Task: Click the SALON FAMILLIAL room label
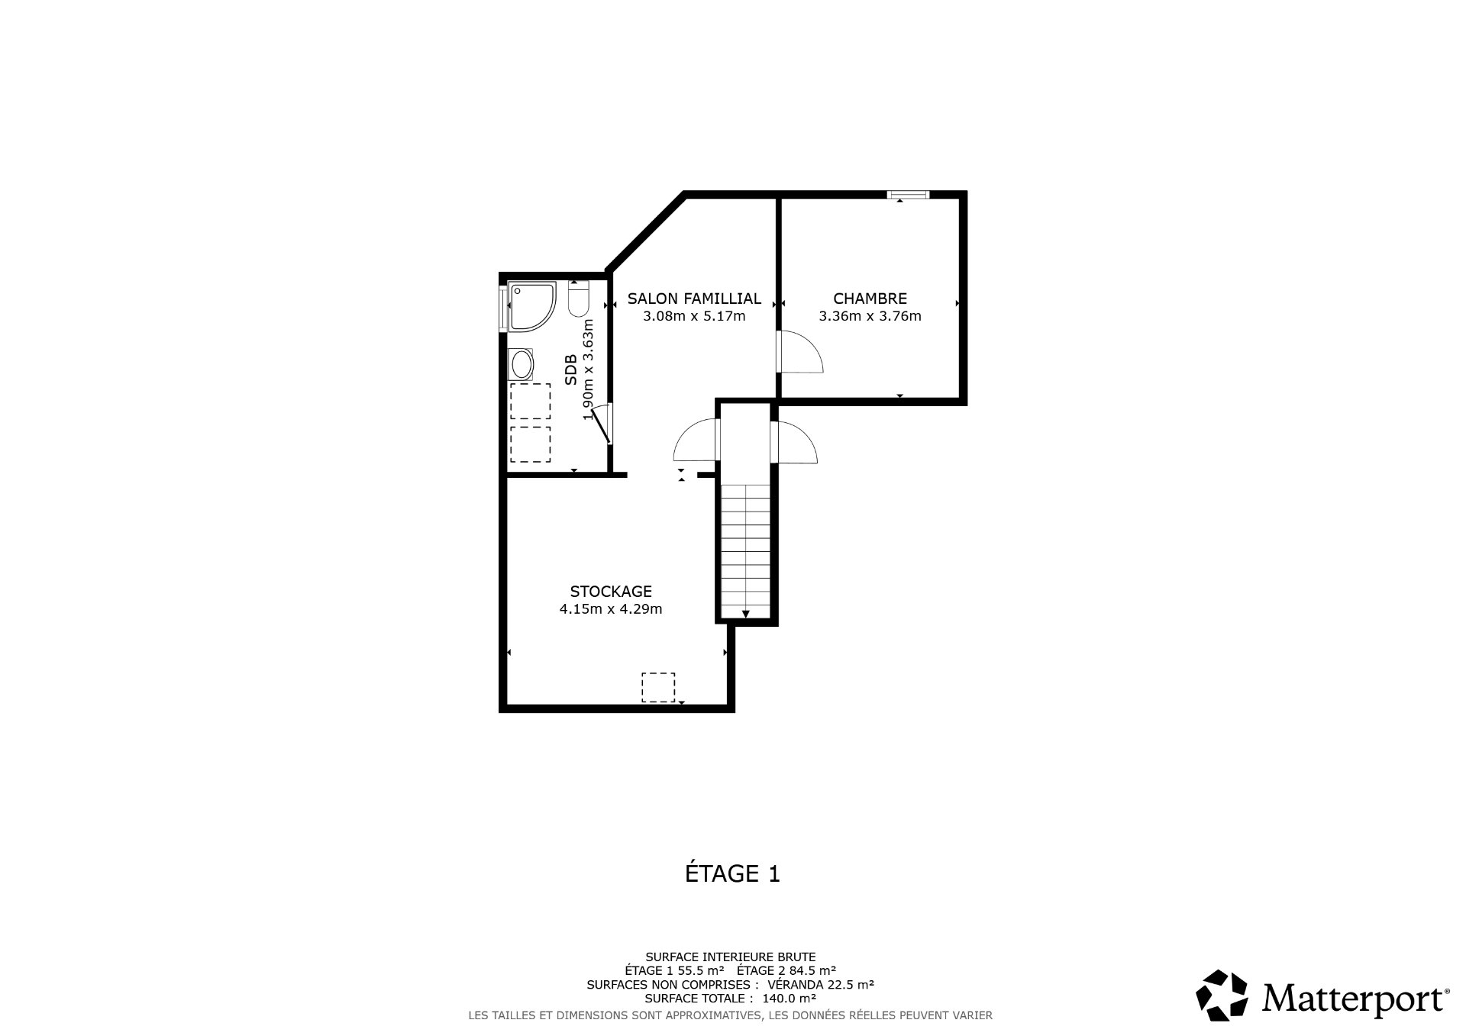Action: click(x=694, y=299)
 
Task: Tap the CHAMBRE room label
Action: click(x=870, y=299)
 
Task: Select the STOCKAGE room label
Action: click(x=611, y=591)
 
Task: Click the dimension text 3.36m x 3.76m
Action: click(x=870, y=316)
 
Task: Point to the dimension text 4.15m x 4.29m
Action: click(x=611, y=609)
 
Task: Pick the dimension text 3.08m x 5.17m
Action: click(x=694, y=316)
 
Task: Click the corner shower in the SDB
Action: click(x=531, y=305)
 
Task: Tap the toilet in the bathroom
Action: click(x=579, y=299)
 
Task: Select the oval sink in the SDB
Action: click(x=522, y=365)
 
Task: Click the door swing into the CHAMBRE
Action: click(x=799, y=351)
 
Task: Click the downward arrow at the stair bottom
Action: click(x=745, y=613)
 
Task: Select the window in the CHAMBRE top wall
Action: click(x=908, y=195)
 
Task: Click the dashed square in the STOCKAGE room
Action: click(x=657, y=686)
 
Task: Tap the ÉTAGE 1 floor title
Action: click(x=732, y=873)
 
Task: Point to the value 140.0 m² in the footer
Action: click(x=790, y=998)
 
